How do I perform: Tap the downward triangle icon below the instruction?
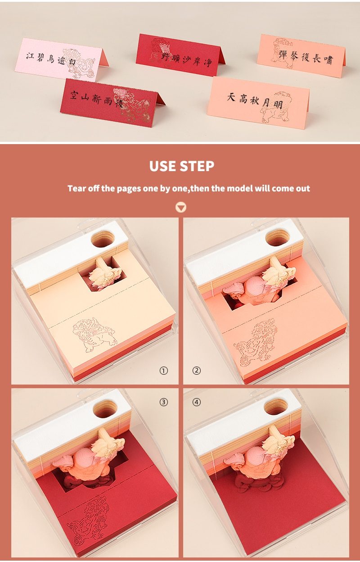[x=180, y=208]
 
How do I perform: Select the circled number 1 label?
[x=164, y=371]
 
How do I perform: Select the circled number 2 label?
[x=197, y=371]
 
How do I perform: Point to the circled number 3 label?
[x=164, y=402]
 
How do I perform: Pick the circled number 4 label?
[x=197, y=402]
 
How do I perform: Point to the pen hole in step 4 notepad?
[x=276, y=406]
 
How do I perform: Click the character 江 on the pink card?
[x=30, y=56]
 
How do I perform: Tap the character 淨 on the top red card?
[x=208, y=62]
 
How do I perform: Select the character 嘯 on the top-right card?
[x=328, y=60]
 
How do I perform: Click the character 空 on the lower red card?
[x=74, y=95]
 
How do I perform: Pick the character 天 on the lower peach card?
[x=231, y=97]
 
